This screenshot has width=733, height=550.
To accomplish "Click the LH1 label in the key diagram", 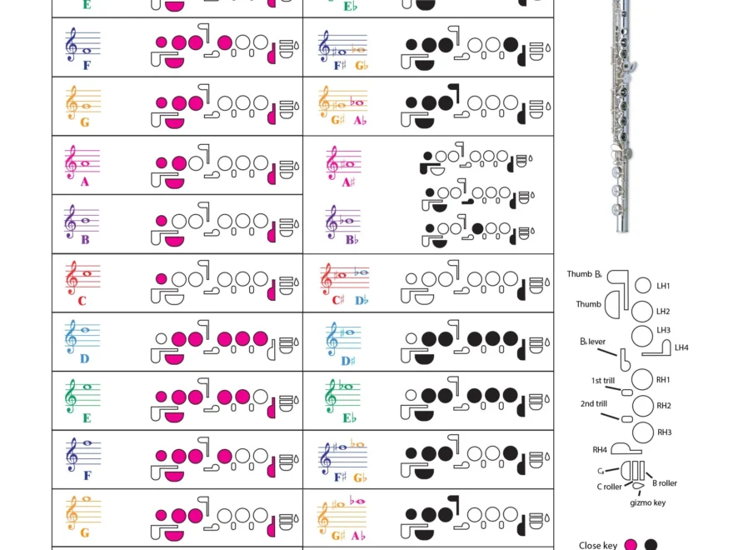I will click(x=663, y=286).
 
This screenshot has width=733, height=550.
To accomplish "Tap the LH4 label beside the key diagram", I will click(x=681, y=347).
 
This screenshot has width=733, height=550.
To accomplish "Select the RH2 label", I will click(x=664, y=406).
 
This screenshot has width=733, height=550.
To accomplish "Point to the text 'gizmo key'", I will click(x=647, y=502).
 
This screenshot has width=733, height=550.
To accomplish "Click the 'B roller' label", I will click(x=664, y=483).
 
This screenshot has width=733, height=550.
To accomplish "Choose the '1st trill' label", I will click(x=603, y=380).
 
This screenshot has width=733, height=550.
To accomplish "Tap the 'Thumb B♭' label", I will click(x=585, y=274).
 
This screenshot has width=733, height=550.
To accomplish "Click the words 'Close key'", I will click(x=598, y=546).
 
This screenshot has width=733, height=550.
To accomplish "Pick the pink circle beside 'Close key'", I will click(x=631, y=546).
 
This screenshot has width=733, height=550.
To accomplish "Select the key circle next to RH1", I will click(x=641, y=379).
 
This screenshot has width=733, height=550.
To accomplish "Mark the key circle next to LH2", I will click(x=641, y=312).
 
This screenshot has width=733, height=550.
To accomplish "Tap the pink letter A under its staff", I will click(x=85, y=182).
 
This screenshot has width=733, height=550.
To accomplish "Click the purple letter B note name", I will click(x=85, y=240).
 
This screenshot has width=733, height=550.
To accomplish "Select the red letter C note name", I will click(x=82, y=301).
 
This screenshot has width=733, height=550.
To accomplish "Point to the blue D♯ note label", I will click(x=347, y=360).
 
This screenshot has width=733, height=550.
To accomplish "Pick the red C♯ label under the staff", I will click(x=337, y=300).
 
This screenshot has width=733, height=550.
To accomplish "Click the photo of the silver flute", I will click(x=621, y=117).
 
